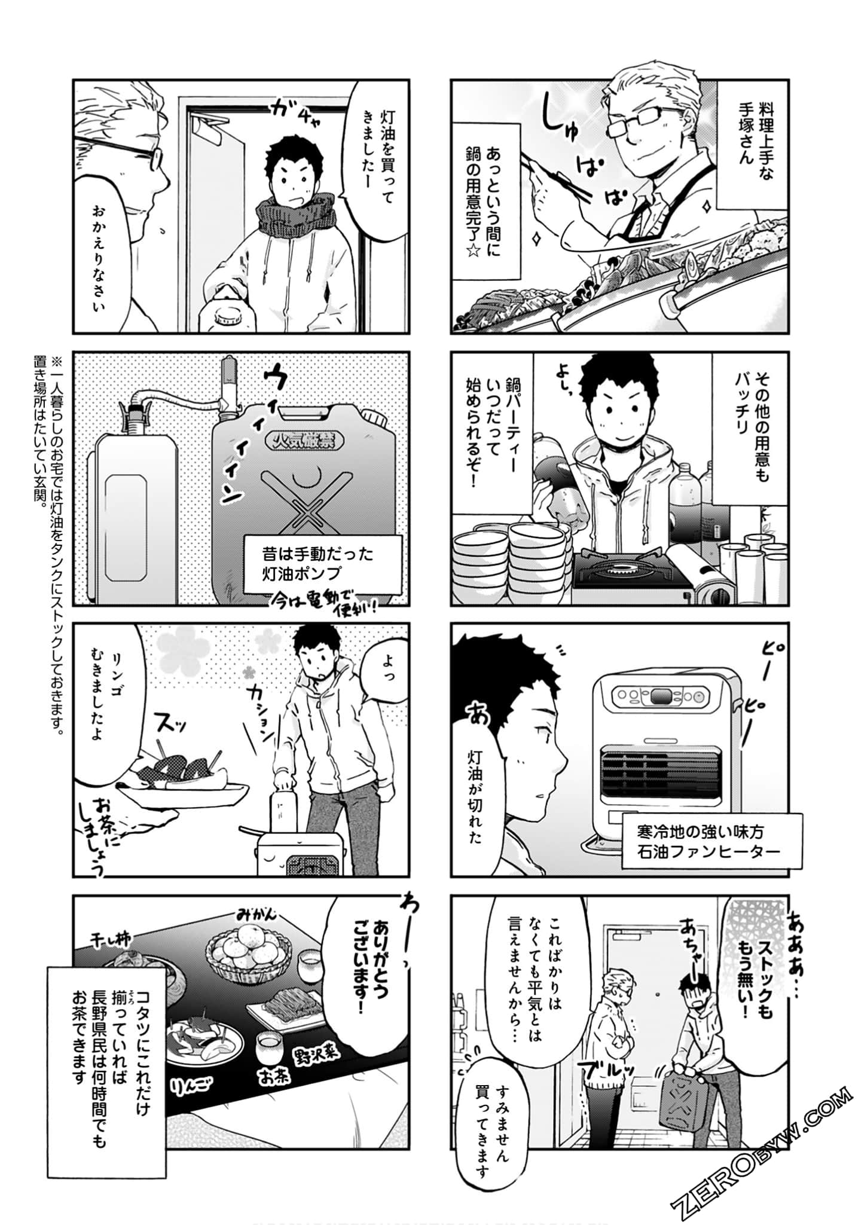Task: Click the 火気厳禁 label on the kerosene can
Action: tap(306, 442)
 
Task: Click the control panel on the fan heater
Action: tap(661, 696)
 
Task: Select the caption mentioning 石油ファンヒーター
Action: tap(700, 841)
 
